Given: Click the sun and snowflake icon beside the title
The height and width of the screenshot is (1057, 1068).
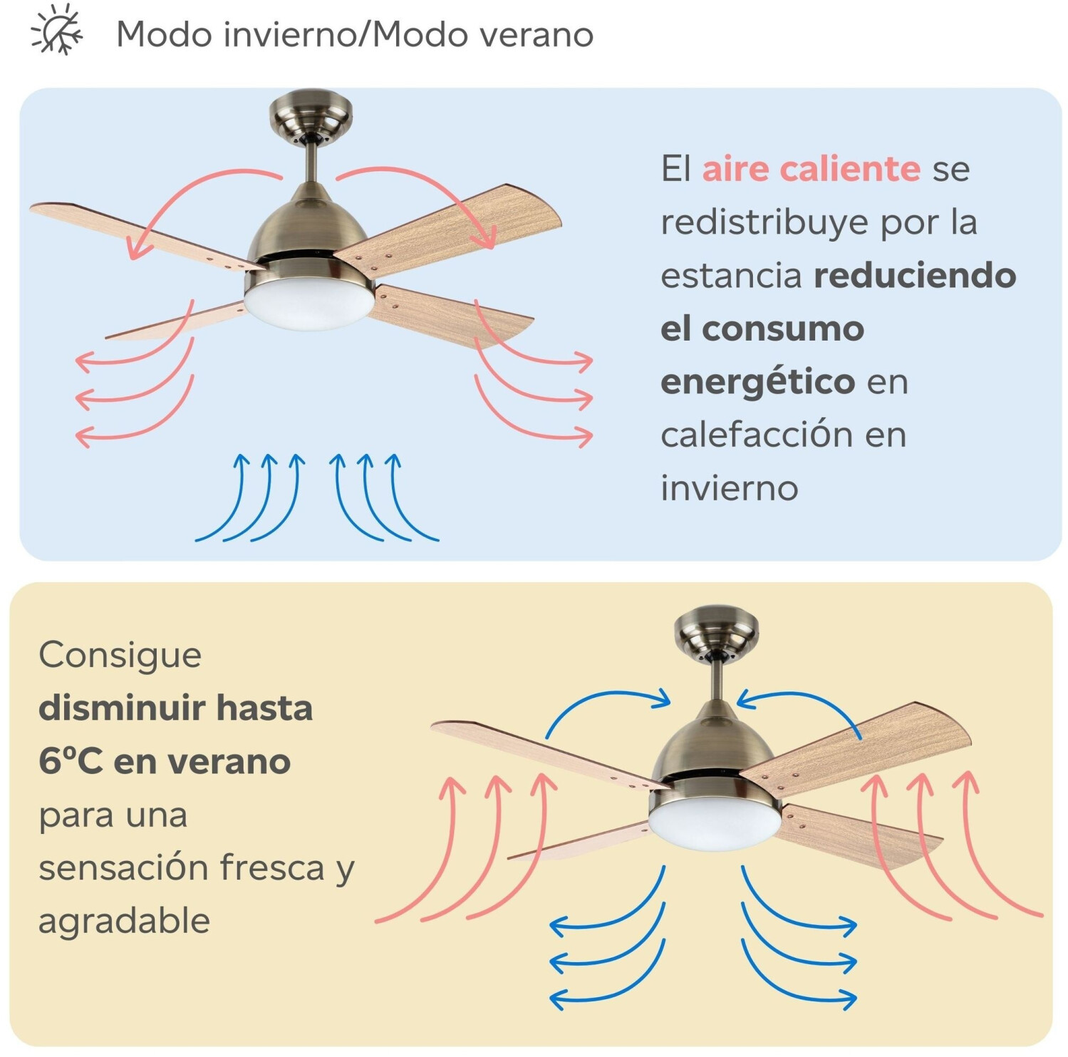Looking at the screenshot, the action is [56, 30].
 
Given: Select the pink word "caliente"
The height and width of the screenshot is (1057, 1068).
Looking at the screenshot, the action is [812, 169].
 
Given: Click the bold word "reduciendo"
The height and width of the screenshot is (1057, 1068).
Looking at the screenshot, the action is [915, 276].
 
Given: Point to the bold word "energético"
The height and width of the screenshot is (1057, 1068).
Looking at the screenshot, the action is [757, 382].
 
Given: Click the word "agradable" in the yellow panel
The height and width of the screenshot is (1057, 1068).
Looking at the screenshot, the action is [124, 921].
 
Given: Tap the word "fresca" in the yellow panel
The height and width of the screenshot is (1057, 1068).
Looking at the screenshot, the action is [271, 867].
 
